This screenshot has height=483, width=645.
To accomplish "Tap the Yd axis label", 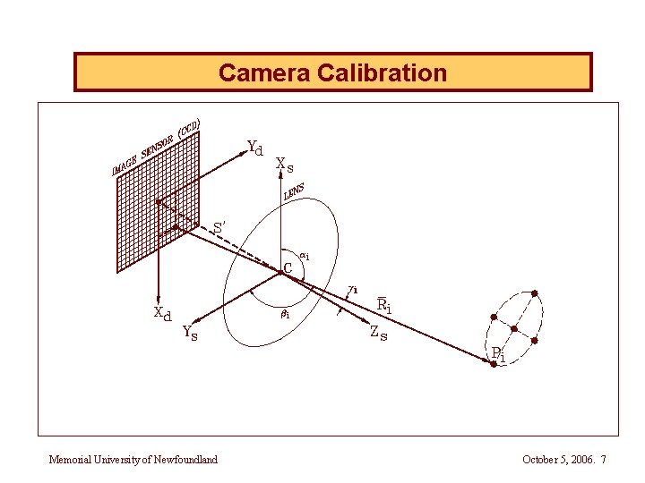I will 254,148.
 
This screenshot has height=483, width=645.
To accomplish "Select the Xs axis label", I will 284,165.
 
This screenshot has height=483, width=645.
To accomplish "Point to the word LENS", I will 294,191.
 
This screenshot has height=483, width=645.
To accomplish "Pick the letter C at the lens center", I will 288,267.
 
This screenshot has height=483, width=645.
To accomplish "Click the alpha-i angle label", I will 305,257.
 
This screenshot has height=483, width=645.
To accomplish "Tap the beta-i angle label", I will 284,315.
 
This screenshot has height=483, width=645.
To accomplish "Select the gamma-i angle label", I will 354,289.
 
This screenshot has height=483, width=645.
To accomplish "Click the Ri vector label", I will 383,306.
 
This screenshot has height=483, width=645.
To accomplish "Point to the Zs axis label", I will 378,334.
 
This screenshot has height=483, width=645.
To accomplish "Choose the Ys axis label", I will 190,334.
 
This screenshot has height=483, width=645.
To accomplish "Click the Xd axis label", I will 162,314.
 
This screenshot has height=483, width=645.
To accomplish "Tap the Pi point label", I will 498,354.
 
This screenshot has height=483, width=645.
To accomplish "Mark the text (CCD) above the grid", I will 188,129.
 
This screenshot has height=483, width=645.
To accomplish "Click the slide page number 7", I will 604,460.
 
